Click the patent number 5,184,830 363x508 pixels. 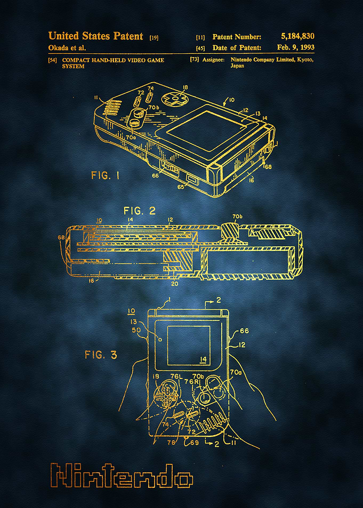297,36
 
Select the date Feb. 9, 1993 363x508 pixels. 296,47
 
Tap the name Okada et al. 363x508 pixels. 67,48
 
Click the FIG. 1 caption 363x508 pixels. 105,175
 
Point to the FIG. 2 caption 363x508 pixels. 140,211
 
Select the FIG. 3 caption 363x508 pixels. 101,355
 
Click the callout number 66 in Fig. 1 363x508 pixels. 155,175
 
